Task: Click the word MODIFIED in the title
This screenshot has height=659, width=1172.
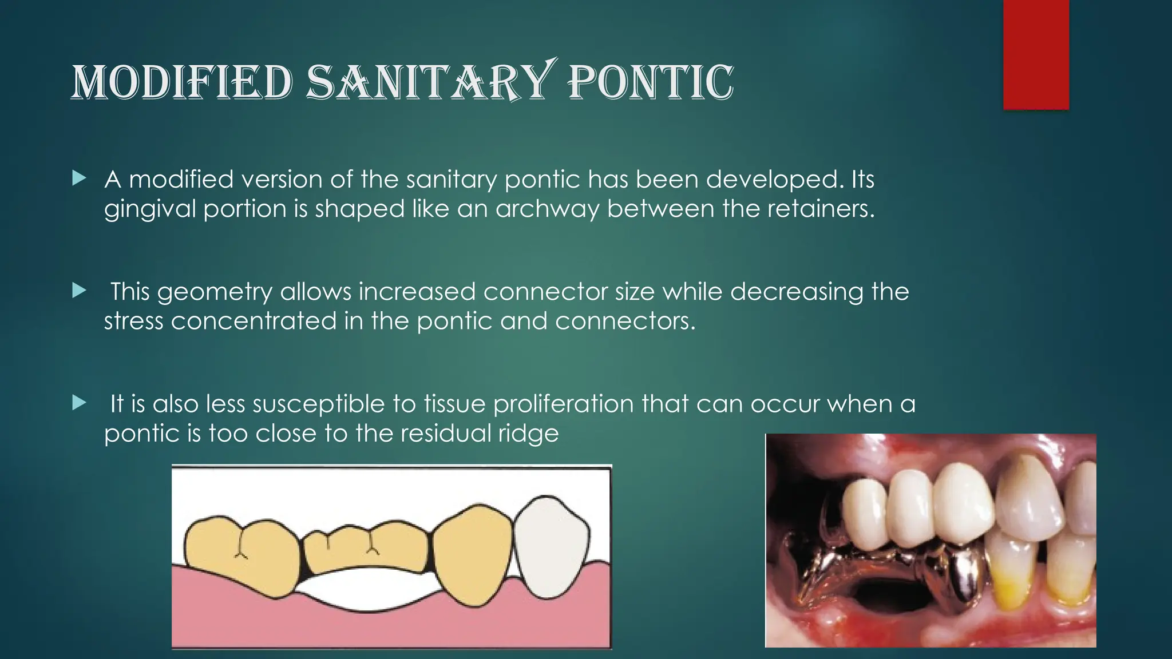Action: (182, 82)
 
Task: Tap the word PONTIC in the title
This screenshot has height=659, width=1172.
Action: (650, 82)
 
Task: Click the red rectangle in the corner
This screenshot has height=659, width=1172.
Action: (1036, 54)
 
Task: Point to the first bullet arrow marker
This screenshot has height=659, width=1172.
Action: (79, 179)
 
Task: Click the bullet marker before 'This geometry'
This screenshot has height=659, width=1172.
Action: (79, 291)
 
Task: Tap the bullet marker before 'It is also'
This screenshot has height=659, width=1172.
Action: (79, 403)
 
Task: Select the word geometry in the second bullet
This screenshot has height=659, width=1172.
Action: (215, 292)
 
